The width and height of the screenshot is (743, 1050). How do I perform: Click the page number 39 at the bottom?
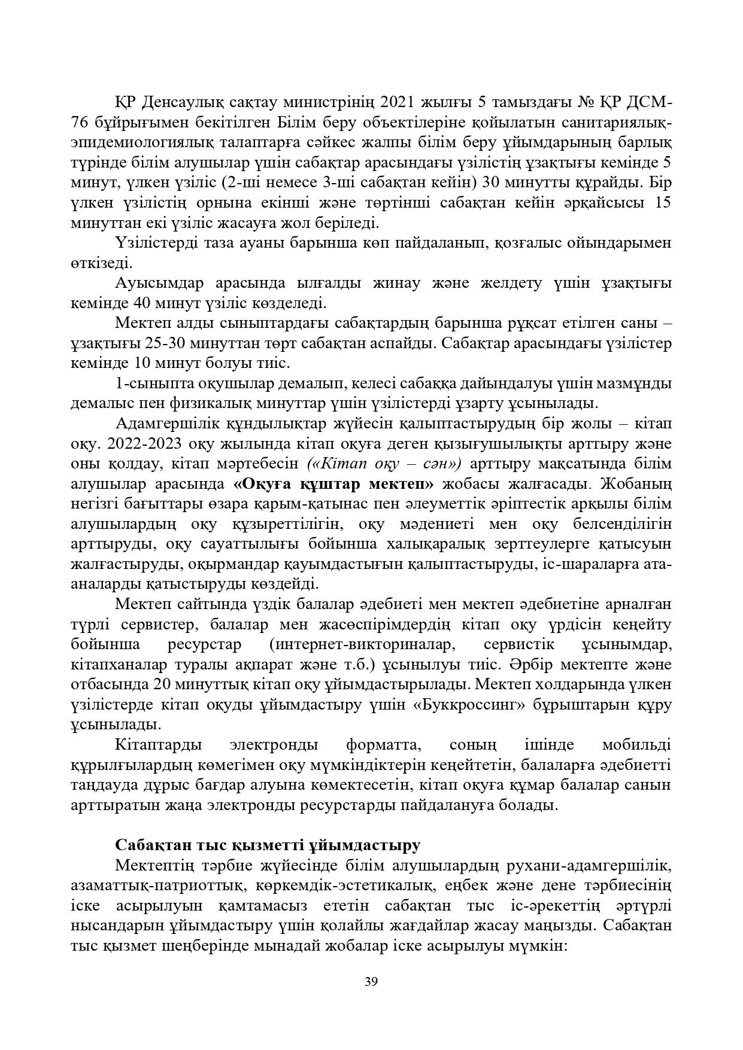(x=371, y=981)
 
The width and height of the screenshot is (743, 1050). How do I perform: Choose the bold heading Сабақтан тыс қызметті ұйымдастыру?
(x=268, y=845)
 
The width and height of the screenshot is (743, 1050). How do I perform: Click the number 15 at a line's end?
(x=662, y=202)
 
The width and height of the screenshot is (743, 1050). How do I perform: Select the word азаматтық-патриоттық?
(x=150, y=885)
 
